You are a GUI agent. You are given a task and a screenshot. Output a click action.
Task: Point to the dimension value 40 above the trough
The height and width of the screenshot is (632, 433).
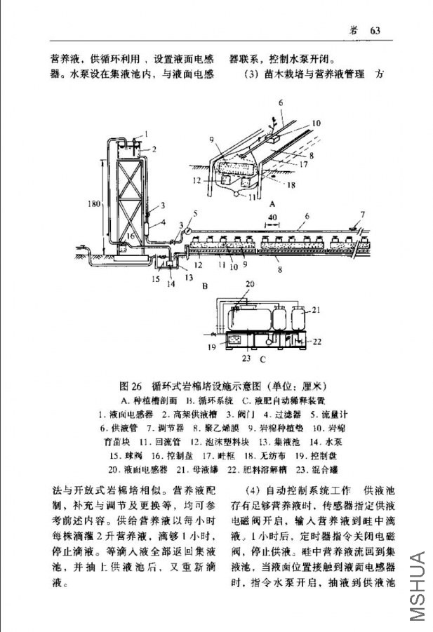[272, 218]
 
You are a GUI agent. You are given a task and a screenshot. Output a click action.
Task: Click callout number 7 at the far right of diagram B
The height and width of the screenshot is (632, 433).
[363, 214]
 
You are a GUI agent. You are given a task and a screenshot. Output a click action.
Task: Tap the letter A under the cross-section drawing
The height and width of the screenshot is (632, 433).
[271, 199]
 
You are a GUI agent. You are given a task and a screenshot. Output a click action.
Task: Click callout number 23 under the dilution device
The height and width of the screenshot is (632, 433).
[246, 358]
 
